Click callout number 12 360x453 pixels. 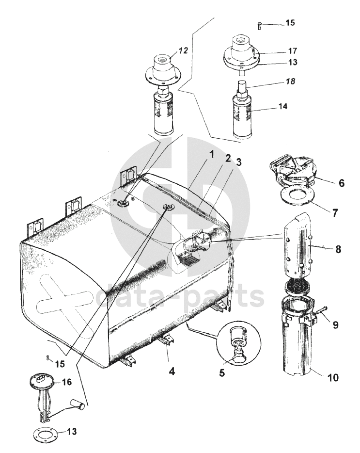[183, 50]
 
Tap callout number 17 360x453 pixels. [293, 51]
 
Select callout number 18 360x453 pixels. [291, 81]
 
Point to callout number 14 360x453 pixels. [283, 106]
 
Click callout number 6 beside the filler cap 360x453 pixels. [342, 183]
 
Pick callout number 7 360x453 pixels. [335, 213]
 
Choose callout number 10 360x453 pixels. [333, 378]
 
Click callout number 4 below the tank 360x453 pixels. [172, 371]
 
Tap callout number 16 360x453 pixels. [67, 382]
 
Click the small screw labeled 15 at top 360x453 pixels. [259, 26]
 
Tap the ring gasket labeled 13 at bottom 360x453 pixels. [46, 433]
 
